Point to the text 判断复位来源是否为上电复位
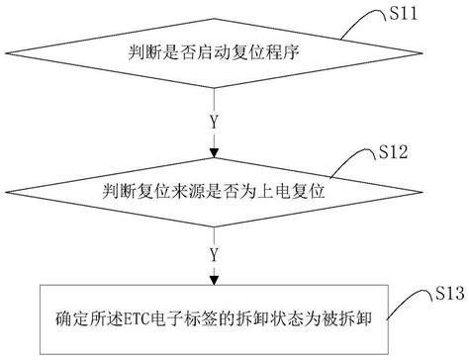pos(212,187)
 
